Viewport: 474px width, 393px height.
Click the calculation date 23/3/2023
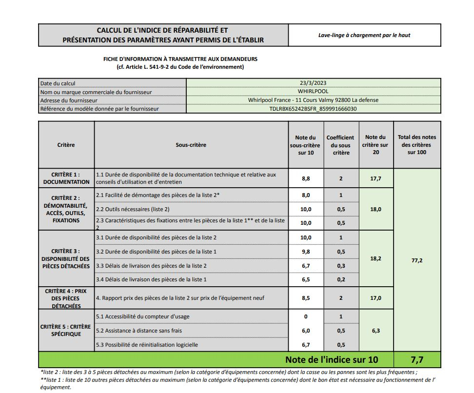(x=313, y=83)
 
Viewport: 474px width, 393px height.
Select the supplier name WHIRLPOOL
(x=313, y=91)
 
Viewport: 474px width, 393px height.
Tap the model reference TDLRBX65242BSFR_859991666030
(x=313, y=109)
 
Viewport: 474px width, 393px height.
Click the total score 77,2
(x=417, y=260)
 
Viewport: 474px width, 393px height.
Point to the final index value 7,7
(x=417, y=360)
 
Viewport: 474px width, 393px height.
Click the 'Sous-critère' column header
(x=191, y=145)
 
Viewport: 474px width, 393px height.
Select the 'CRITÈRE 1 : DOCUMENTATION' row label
(x=66, y=178)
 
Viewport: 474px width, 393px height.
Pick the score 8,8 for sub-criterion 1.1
(x=306, y=178)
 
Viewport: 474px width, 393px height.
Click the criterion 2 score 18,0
(x=375, y=209)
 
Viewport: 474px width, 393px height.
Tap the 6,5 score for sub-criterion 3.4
(x=306, y=279)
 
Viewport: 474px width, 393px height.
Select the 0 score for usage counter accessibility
(x=306, y=316)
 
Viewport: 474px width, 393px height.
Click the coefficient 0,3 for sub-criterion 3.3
(x=341, y=265)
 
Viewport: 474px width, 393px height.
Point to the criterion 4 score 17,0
(x=375, y=298)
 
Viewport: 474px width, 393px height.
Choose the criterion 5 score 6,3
(x=375, y=331)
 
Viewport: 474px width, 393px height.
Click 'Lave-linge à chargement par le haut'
(x=365, y=35)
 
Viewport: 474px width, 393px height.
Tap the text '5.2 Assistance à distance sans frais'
(x=139, y=331)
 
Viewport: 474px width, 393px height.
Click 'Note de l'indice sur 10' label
(x=332, y=360)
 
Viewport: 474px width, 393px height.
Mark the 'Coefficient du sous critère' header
(x=340, y=145)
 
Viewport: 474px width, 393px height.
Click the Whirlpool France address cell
(x=313, y=100)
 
